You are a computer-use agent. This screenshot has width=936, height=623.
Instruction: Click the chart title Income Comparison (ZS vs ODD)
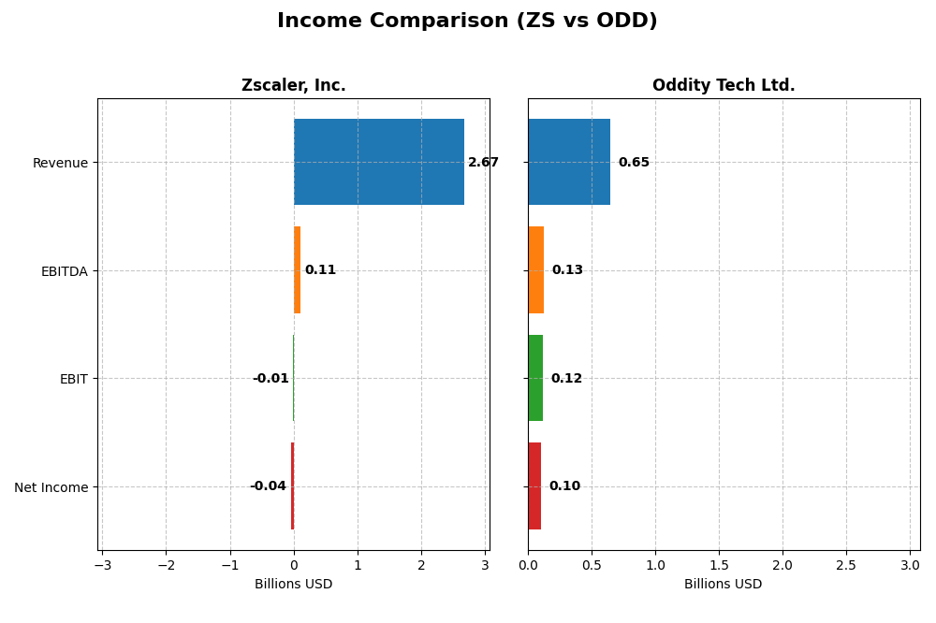coord(467,21)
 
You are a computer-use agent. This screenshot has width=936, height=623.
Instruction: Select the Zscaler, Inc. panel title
coord(293,85)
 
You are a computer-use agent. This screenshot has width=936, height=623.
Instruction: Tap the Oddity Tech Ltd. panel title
coord(724,85)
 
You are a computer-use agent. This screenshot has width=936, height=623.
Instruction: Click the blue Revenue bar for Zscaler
coord(378,162)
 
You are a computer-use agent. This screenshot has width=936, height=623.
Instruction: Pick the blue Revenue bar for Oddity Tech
coord(569,162)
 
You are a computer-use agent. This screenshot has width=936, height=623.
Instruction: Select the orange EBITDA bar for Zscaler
coord(297,270)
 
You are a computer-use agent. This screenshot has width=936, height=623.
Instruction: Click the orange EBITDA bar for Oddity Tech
coord(536,270)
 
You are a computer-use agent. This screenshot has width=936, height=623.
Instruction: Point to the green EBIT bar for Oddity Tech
coord(535,378)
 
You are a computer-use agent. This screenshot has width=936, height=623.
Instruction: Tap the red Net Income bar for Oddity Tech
coord(534,486)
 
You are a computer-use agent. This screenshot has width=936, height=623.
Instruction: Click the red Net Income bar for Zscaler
coord(292,486)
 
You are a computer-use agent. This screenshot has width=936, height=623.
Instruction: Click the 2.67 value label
coord(483,163)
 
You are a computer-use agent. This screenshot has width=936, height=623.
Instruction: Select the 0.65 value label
coord(634,163)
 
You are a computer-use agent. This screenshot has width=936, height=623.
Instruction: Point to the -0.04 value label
coord(268,486)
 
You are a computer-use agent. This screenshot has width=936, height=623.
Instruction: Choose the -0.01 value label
coord(271,379)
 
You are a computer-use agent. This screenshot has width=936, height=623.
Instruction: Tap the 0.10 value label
coord(564,486)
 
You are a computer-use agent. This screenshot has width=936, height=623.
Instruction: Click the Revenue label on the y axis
coord(60,163)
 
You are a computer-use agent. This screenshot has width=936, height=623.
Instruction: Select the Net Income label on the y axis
coord(51,487)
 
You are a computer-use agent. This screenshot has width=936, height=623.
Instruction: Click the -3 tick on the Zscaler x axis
coord(102,566)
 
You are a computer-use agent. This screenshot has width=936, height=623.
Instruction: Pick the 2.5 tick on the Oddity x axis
coord(846,566)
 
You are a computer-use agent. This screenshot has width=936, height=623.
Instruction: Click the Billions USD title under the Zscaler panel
coord(293,585)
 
